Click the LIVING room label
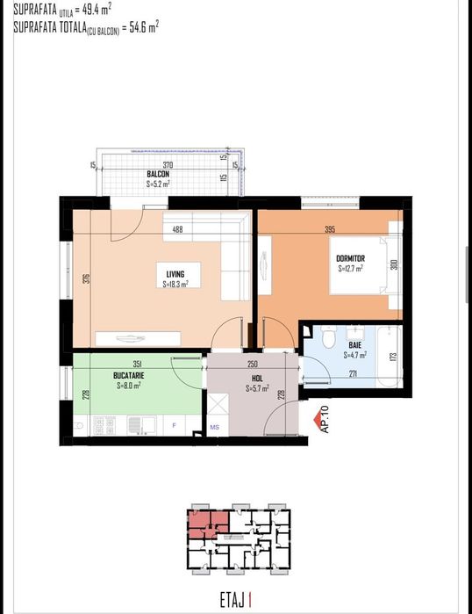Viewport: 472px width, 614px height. tap(175, 274)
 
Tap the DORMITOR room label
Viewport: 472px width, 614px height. tap(350, 258)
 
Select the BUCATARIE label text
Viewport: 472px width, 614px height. tap(129, 375)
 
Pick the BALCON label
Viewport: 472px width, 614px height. tap(158, 174)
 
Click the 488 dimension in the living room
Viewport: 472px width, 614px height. tap(178, 231)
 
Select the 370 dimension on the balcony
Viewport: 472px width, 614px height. tap(167, 164)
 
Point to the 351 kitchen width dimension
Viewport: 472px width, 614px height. tap(138, 365)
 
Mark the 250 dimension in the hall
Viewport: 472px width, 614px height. tap(252, 365)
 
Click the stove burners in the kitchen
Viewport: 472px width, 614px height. tap(109, 427)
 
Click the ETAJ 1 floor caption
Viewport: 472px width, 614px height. tap(235, 602)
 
